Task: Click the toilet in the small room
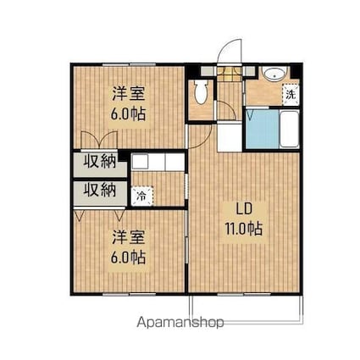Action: (x=202, y=91)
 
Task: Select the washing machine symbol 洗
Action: (x=290, y=94)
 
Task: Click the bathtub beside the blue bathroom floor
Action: (x=286, y=130)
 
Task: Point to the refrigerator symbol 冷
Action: (x=141, y=194)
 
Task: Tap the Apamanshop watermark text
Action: (x=179, y=322)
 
